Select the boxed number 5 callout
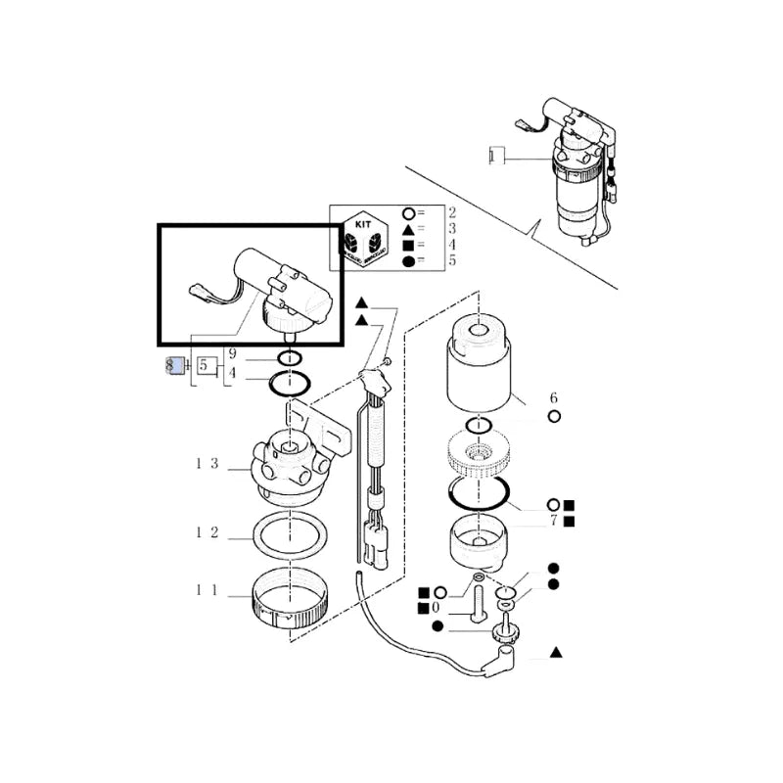pyautogui.click(x=205, y=366)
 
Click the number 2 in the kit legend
pyautogui.click(x=452, y=212)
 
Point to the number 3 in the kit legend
pyautogui.click(x=452, y=228)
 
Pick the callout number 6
pyautogui.click(x=553, y=397)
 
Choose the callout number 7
pyautogui.click(x=553, y=520)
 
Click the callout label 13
pyautogui.click(x=207, y=463)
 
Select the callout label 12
pyautogui.click(x=207, y=533)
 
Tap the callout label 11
pyautogui.click(x=207, y=591)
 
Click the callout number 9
pyautogui.click(x=232, y=354)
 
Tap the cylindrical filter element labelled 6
pyautogui.click(x=480, y=372)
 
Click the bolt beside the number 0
pyautogui.click(x=477, y=600)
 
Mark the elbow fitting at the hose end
pyautogui.click(x=504, y=654)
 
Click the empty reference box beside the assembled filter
pyautogui.click(x=495, y=155)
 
